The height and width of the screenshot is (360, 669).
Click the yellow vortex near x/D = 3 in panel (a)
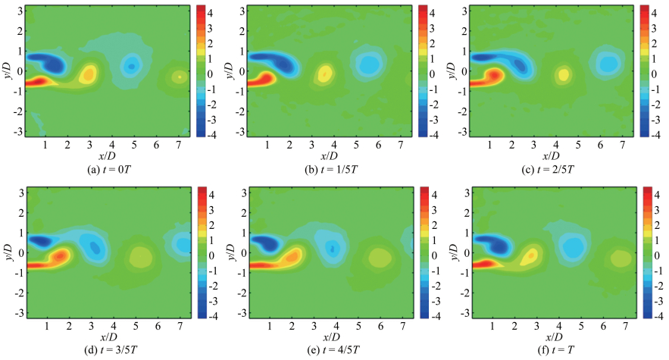click(x=89, y=74)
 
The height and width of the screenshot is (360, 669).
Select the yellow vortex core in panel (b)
click(x=324, y=73)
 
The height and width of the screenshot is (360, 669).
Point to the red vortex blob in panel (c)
click(x=492, y=76)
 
